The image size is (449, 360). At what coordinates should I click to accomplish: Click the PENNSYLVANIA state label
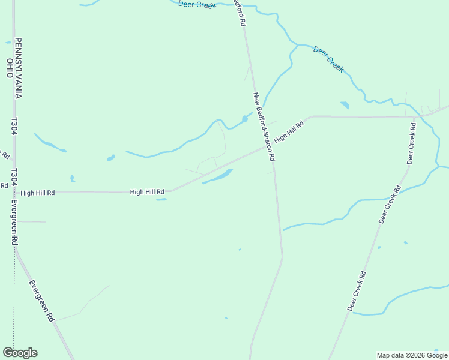pos(19,68)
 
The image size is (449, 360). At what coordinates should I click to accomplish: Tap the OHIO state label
pos(10,68)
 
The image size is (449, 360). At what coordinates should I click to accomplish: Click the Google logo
pos(20,353)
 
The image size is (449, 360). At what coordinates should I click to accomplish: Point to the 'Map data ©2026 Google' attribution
pos(412,355)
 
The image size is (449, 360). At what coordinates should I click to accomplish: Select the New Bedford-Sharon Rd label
pos(264,127)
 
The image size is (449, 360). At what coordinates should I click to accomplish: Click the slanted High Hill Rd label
pos(289,131)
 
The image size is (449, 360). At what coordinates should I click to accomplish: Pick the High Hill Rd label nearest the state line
pos(38,193)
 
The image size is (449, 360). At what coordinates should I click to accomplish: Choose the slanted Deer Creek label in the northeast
pos(328,59)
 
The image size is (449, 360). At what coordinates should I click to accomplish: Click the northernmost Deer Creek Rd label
pos(412,143)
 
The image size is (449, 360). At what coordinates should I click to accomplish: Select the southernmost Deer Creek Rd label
pos(357,291)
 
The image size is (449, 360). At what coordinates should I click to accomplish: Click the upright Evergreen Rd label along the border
pos(14,221)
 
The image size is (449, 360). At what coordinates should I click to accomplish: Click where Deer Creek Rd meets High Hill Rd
pos(415,116)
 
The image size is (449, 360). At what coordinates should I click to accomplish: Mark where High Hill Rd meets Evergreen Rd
pos(14,193)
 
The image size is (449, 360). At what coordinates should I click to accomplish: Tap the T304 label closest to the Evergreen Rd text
pos(14,178)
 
